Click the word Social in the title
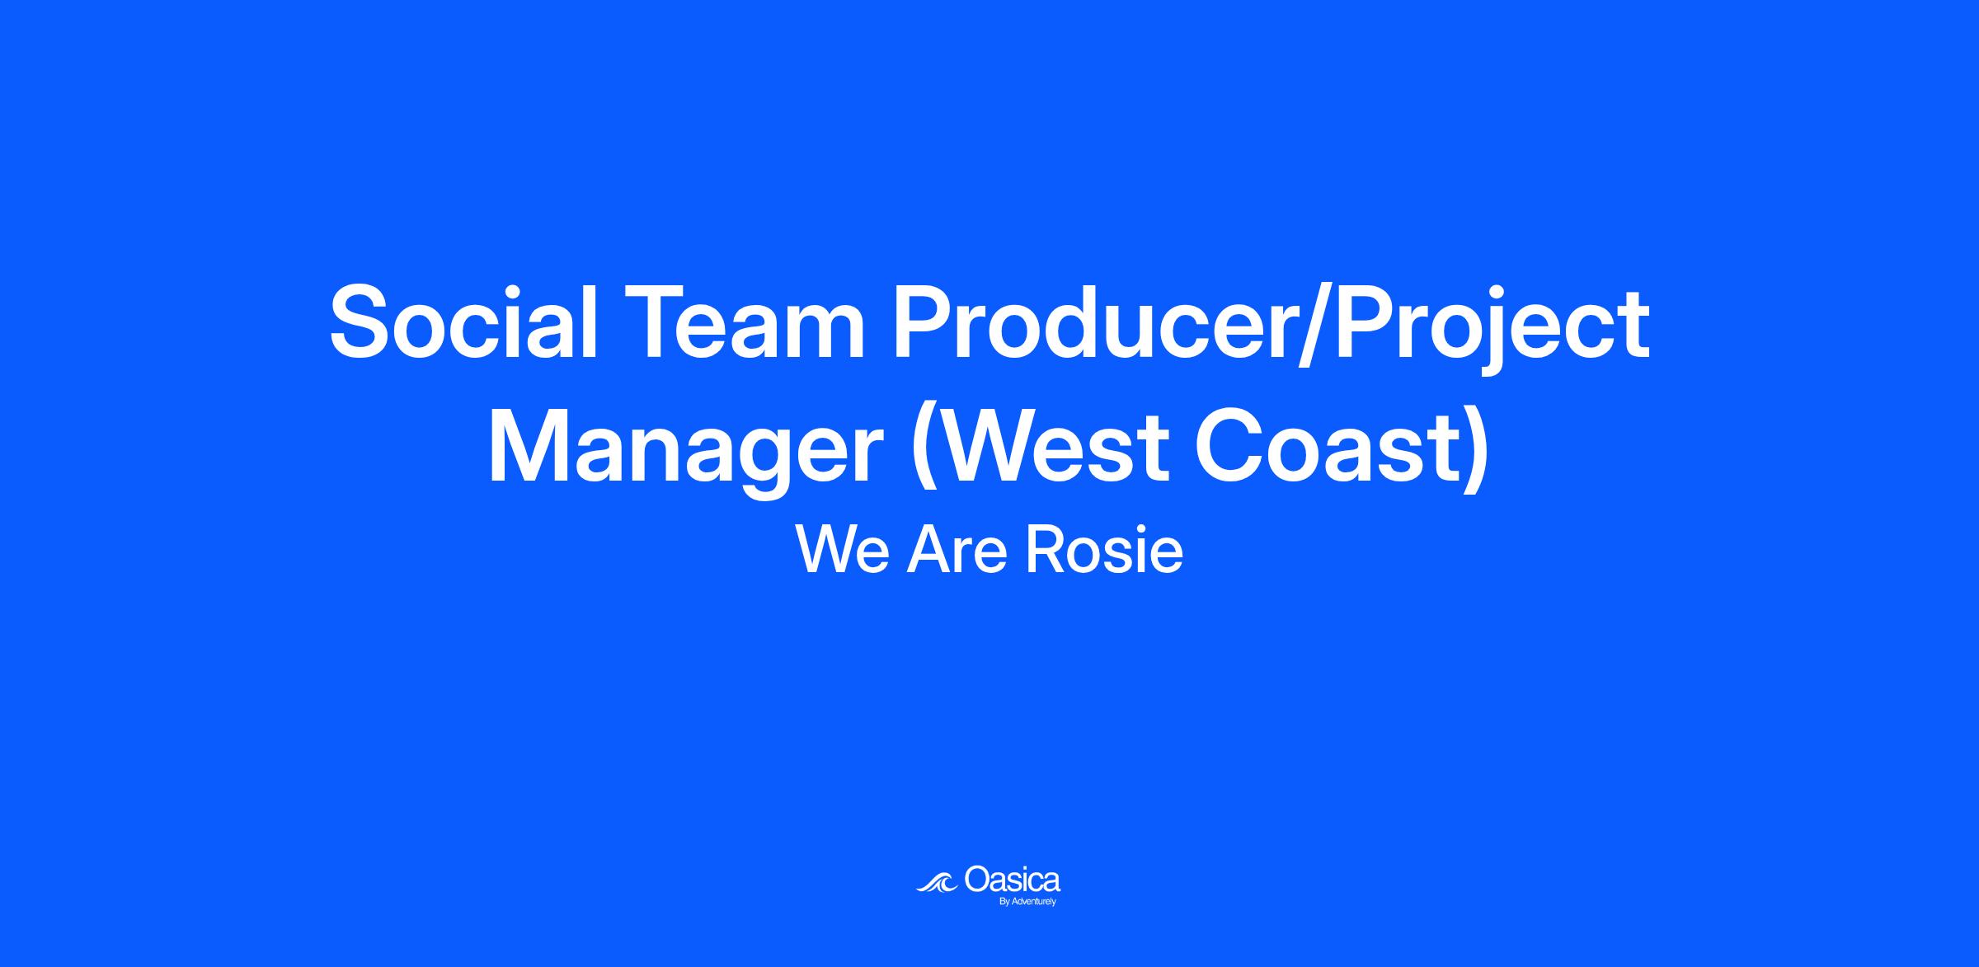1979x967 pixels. tap(463, 322)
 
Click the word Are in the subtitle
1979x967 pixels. tap(957, 551)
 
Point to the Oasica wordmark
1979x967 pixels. tap(1012, 880)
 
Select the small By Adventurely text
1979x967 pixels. tap(1027, 902)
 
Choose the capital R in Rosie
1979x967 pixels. tap(1044, 551)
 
